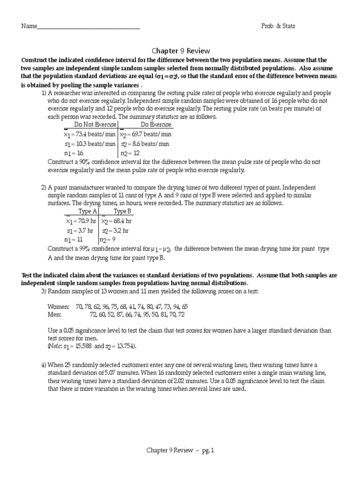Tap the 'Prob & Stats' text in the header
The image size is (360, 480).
[278, 26]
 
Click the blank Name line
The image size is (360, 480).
[88, 27]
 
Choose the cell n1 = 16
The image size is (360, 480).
[74, 153]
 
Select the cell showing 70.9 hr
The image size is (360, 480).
[80, 221]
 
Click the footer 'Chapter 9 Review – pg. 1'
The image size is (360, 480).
[180, 450]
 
